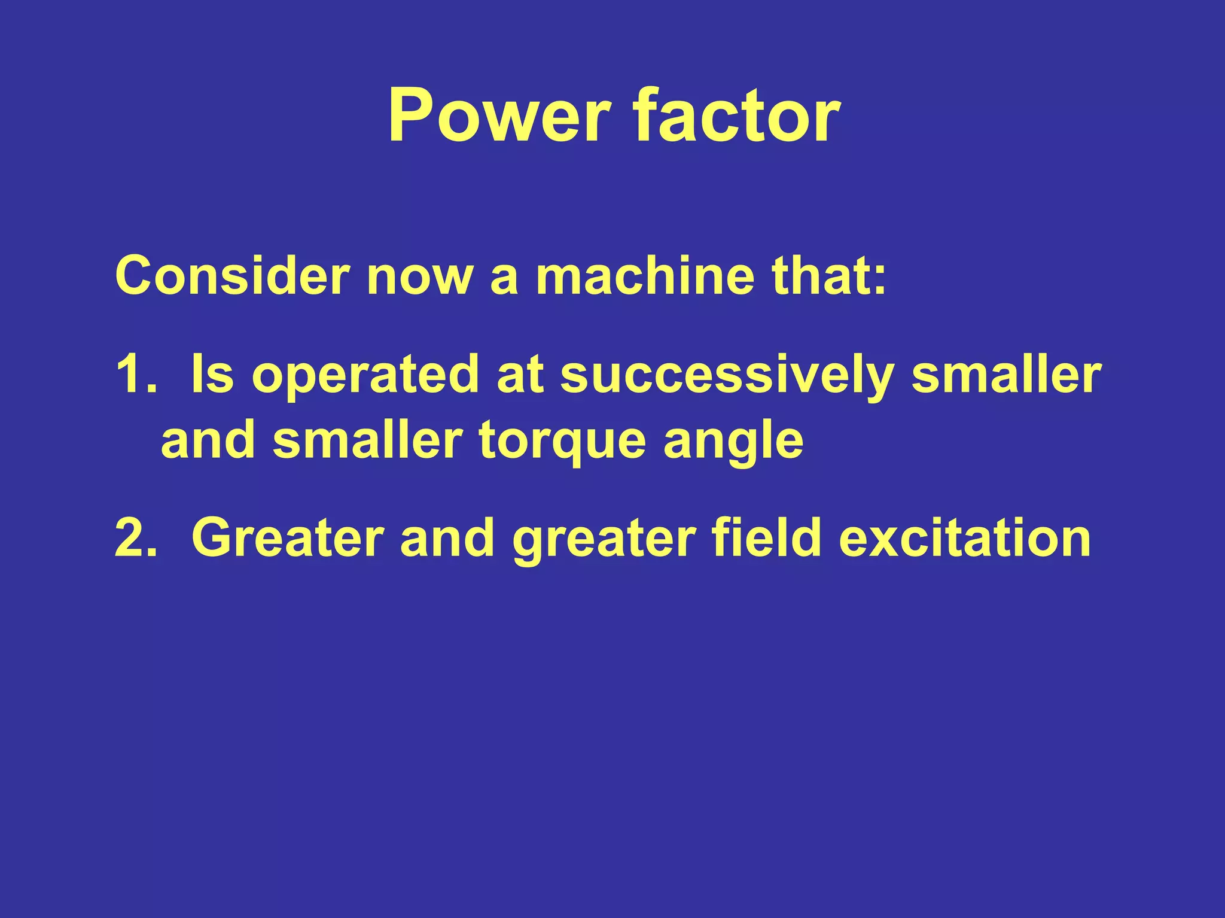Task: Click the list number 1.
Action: pos(135,375)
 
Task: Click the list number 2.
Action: pos(135,538)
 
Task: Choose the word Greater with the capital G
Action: pos(288,538)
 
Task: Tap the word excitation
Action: pos(965,538)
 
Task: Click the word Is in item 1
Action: pos(212,375)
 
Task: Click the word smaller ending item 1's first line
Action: pos(1007,375)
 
